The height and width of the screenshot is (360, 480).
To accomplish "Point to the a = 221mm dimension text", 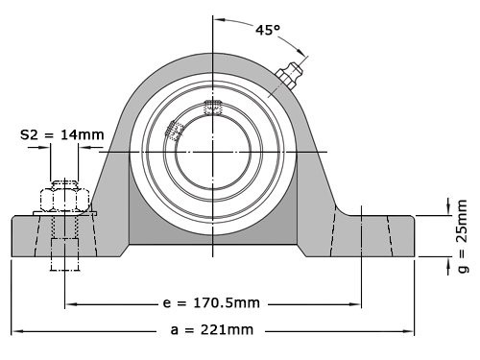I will tap(213, 330).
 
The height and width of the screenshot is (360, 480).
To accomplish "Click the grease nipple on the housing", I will tap(290, 75).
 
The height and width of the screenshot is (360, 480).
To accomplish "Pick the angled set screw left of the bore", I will tap(174, 131).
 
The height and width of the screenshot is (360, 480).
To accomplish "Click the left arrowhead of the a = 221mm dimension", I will tap(16, 330).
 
